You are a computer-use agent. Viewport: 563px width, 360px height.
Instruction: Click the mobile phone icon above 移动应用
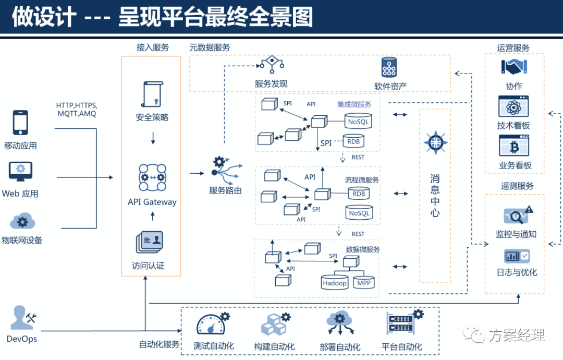tap(20, 123)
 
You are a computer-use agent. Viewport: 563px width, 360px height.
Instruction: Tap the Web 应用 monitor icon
tap(20, 171)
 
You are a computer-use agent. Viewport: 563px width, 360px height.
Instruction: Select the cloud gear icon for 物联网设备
tap(21, 221)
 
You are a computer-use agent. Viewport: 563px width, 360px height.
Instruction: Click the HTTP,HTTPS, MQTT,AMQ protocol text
tap(77, 109)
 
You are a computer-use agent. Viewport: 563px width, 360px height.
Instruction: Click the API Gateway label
tap(152, 202)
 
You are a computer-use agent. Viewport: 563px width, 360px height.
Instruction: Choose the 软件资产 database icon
tap(389, 68)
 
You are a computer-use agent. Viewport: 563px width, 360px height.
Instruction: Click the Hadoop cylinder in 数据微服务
tap(335, 282)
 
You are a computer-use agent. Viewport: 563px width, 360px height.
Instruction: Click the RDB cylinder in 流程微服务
tap(359, 194)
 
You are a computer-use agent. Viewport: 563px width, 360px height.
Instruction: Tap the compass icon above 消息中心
tap(435, 141)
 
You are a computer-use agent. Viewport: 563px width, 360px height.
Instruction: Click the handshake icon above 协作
tap(514, 67)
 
